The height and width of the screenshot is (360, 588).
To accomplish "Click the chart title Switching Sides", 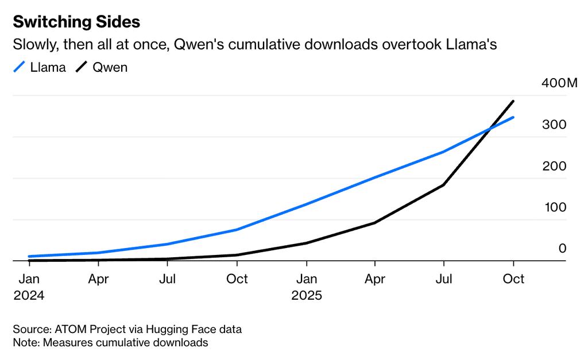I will [x=76, y=22].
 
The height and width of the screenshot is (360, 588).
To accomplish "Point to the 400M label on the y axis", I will [x=559, y=84].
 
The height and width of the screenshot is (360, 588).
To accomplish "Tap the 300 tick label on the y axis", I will [x=555, y=125].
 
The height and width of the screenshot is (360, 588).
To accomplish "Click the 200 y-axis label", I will [x=555, y=167].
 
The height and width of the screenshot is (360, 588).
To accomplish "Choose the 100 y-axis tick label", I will [x=555, y=208].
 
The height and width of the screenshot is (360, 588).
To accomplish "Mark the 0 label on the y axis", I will [x=563, y=249].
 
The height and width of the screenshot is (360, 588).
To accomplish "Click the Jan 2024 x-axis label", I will [x=29, y=287].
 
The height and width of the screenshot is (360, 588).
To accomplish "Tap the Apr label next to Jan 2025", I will [x=374, y=279].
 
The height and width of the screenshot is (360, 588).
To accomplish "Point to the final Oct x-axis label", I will [x=513, y=279].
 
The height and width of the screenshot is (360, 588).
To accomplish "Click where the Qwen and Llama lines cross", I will [x=489, y=129].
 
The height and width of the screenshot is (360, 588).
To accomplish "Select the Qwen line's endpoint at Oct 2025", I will [x=513, y=102].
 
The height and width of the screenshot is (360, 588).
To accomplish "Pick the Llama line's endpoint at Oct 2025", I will [x=513, y=117].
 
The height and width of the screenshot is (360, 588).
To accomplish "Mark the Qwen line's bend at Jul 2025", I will [x=443, y=185].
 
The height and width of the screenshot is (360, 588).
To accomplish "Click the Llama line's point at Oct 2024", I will [x=237, y=230].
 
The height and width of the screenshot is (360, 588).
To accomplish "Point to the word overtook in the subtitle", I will [x=412, y=45].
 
